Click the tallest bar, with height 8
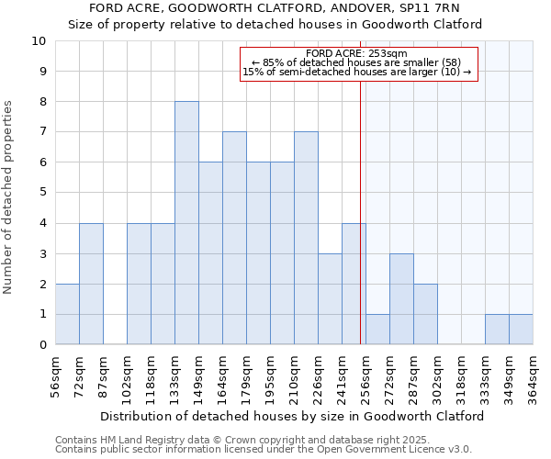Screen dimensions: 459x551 [x=186, y=223]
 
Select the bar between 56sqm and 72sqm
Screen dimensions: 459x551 [x=67, y=314]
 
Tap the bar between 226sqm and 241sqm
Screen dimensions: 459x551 [x=330, y=299]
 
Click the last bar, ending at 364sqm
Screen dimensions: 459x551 [x=521, y=330]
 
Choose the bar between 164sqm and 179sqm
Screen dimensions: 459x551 [x=234, y=239]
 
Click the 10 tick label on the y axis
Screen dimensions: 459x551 [x=39, y=41]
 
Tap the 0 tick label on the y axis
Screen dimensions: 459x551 [x=42, y=345]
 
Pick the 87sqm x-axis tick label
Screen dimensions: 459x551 [x=103, y=371]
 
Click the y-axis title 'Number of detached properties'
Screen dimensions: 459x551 [x=8, y=197]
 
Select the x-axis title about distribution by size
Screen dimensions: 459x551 [x=291, y=416]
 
